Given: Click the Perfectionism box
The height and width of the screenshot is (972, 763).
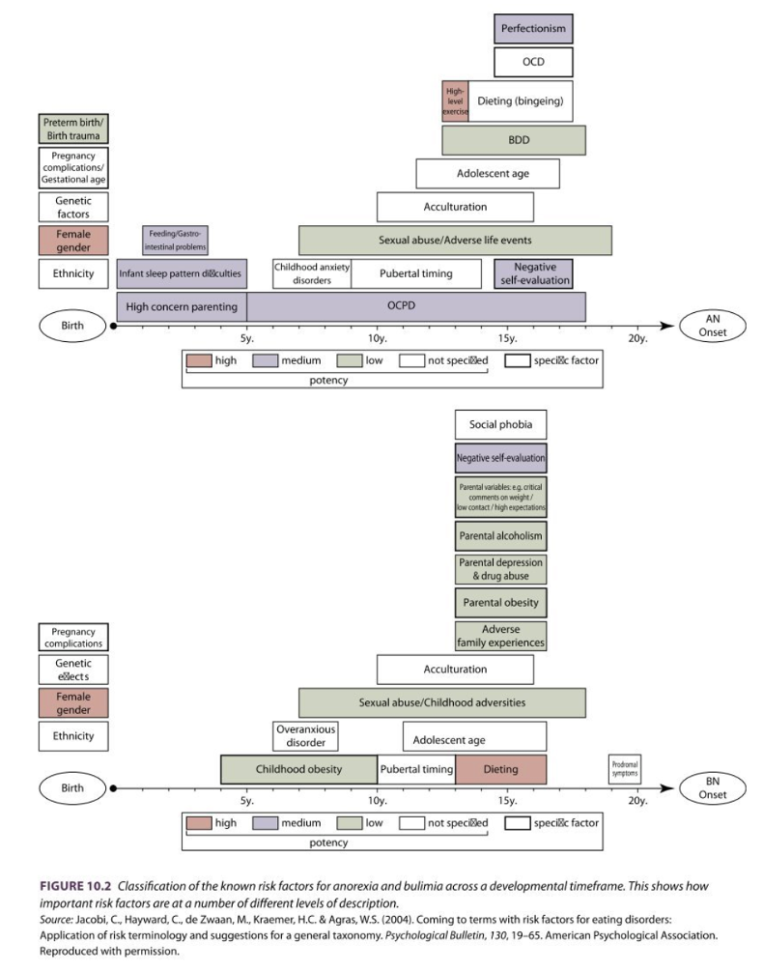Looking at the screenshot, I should tap(533, 28).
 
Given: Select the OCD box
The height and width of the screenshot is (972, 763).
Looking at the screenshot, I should tap(533, 62).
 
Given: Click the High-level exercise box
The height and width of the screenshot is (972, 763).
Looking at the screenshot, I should tap(455, 101).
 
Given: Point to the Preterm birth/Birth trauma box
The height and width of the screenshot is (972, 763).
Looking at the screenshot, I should tap(73, 129).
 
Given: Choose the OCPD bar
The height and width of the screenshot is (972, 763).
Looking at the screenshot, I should tap(416, 306).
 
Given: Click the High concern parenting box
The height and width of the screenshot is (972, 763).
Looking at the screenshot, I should tap(182, 307).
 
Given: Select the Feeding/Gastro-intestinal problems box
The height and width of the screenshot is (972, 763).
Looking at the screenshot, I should tap(175, 240).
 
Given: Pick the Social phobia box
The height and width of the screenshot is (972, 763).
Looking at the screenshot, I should tap(500, 424).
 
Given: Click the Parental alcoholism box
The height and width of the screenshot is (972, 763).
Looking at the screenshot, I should tap(500, 535).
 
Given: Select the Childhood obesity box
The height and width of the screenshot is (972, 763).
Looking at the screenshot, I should tap(298, 769).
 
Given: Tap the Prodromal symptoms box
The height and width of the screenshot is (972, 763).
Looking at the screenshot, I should tap(625, 769).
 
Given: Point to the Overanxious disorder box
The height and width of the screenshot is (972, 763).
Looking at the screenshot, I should tap(305, 736).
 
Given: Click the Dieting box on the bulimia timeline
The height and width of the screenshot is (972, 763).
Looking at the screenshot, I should tap(500, 769).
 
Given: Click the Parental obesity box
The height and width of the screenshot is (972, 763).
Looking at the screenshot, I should tap(500, 603).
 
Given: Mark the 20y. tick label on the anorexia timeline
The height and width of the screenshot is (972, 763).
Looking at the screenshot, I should tap(636, 338).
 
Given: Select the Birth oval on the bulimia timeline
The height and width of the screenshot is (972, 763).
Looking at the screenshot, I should tap(73, 787).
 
